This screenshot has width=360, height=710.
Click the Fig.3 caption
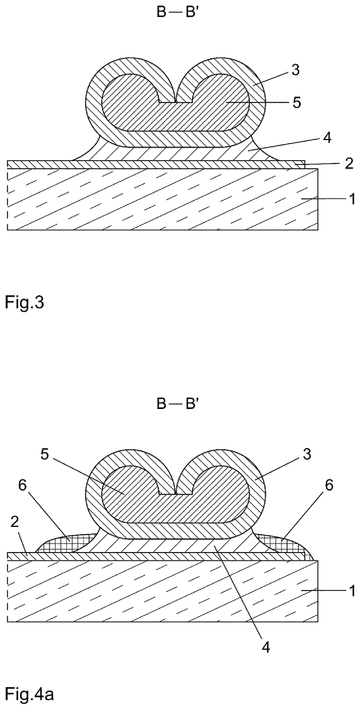pos(25,304)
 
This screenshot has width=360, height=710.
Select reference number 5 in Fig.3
pos(296,103)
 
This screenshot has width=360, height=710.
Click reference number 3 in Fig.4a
pos(307,455)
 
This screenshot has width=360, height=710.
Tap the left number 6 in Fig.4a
pos(23,486)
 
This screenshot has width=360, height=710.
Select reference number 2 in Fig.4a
pos(15,522)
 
